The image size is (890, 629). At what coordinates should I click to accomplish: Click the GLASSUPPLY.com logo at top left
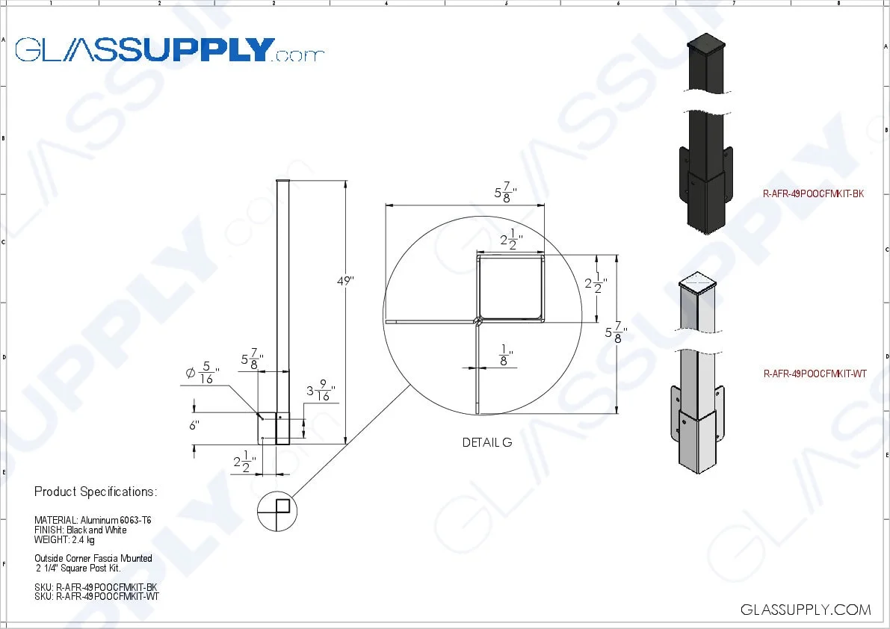(170, 50)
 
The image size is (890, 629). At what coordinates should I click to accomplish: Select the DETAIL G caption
(486, 442)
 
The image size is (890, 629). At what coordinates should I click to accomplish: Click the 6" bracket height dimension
(195, 425)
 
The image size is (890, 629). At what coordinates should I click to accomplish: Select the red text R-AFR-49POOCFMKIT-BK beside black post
(813, 193)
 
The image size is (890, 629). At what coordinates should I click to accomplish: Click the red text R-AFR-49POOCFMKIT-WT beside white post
(815, 374)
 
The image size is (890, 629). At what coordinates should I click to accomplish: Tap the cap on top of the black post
(706, 43)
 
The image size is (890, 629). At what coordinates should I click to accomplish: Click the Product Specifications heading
(96, 492)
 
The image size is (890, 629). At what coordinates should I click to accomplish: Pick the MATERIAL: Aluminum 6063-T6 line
(93, 520)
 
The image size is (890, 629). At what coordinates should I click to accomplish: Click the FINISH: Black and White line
(80, 530)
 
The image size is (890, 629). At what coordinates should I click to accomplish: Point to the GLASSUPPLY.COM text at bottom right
(806, 610)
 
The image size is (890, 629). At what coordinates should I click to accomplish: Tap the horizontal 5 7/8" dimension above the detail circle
(506, 192)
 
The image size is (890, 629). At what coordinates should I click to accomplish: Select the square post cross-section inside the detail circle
(510, 288)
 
